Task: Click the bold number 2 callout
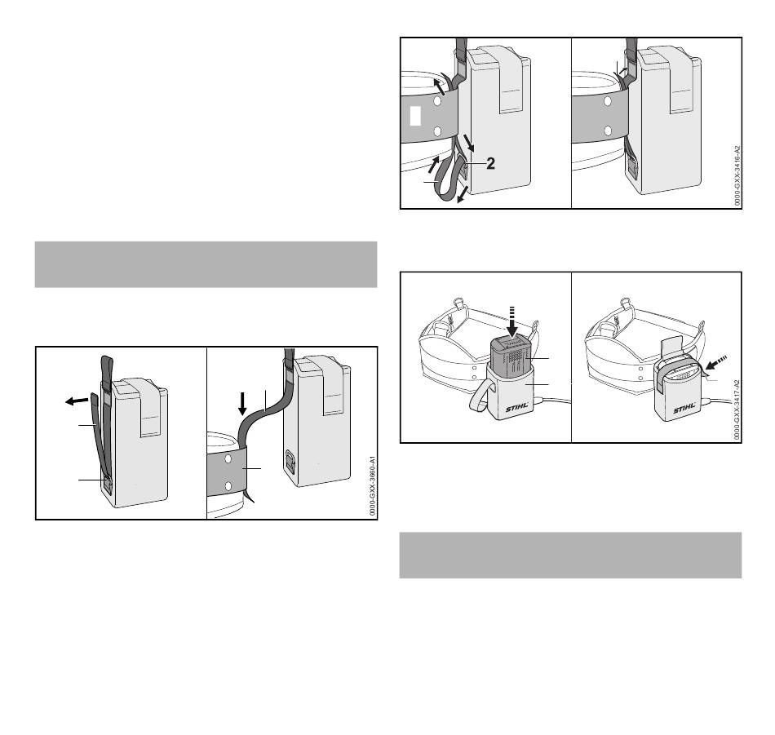490,164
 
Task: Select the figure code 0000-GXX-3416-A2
737,175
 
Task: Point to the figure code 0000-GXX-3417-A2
737,410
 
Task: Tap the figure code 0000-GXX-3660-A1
373,487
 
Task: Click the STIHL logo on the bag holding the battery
517,409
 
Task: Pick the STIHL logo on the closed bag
685,409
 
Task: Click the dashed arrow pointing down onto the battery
512,321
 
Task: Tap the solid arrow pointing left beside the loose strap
77,401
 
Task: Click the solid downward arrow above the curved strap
242,404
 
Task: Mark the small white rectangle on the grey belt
416,116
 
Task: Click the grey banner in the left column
206,264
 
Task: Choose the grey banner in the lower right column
570,555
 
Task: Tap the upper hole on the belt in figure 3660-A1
228,459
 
